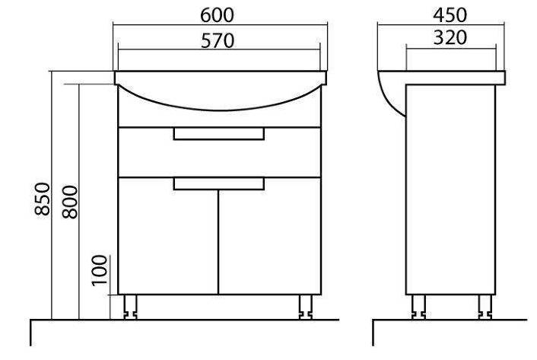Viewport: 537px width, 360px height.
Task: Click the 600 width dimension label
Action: coord(217,15)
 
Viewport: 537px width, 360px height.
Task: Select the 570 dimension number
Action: coord(218,41)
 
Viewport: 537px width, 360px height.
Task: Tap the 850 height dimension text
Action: coord(43,199)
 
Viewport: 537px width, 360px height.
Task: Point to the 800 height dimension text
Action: coord(70,202)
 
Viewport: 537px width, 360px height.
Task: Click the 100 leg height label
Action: coord(100,270)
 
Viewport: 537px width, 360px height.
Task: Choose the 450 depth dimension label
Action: coord(450,15)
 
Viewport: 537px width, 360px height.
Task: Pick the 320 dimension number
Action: coord(450,38)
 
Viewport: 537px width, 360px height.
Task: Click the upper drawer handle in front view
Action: coord(219,134)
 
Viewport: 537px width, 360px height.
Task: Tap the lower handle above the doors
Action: coord(219,183)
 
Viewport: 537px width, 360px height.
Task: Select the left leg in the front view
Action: coord(131,307)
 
